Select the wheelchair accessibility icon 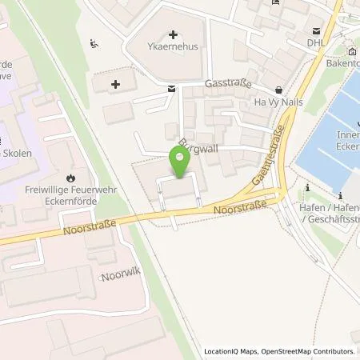pyautogui.click(x=95, y=42)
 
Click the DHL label pyautogui.click(x=318, y=42)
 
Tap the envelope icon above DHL pyautogui.click(x=318, y=31)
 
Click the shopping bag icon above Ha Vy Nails pyautogui.click(x=278, y=90)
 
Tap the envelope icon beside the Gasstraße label pyautogui.click(x=172, y=90)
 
